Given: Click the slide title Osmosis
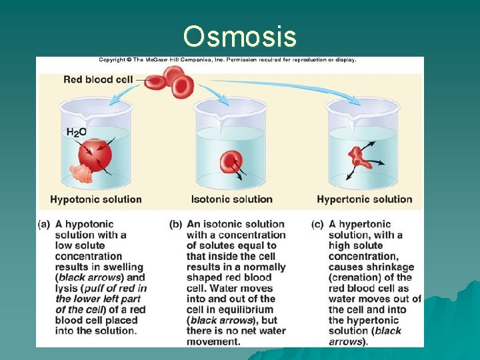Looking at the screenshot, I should tap(239, 37).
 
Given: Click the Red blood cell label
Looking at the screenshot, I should tap(98, 79).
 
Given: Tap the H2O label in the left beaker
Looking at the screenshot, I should tap(76, 132).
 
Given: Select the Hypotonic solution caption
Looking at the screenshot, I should tap(96, 199).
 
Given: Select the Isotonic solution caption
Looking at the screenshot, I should tap(231, 199).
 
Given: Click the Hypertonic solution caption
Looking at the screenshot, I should tap(364, 199).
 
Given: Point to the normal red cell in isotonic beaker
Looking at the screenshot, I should tap(231, 161).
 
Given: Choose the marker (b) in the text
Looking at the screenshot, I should tap(176, 225).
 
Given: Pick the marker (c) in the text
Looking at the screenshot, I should tap(318, 225).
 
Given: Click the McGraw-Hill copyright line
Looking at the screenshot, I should tap(227, 60).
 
